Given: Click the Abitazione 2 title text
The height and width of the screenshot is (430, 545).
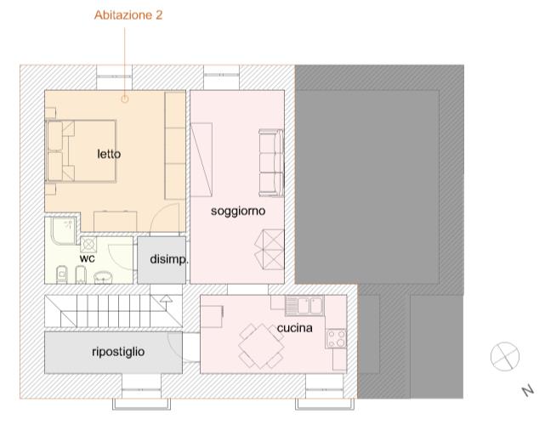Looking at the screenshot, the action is click(128, 15).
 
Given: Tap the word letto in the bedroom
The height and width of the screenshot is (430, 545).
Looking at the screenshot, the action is click(109, 154).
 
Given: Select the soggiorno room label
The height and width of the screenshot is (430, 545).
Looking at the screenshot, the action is click(238, 212).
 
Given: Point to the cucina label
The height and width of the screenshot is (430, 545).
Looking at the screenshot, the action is click(295, 328).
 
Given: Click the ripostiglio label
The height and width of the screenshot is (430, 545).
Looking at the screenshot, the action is click(118, 352).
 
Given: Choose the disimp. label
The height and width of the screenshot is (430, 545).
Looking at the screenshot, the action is click(169, 259).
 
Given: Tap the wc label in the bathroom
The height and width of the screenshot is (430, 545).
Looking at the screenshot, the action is click(87, 258).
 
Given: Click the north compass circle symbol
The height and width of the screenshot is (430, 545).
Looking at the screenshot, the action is click(505, 356).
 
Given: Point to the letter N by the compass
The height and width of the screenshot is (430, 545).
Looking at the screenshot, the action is click(528, 391).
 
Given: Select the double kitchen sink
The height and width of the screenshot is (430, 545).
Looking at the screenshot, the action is click(305, 306).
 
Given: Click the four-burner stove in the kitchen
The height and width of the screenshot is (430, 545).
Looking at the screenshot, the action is click(336, 339).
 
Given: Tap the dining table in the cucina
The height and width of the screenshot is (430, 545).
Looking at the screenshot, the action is click(261, 346).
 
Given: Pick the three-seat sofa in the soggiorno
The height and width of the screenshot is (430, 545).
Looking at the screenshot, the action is click(271, 163).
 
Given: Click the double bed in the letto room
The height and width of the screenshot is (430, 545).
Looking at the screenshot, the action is click(81, 151).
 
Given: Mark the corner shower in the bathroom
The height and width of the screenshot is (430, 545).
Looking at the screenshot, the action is click(63, 230).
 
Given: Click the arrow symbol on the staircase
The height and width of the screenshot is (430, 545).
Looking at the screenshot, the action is click(166, 299).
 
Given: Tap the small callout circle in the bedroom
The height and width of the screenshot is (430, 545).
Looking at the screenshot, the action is click(125, 99).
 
